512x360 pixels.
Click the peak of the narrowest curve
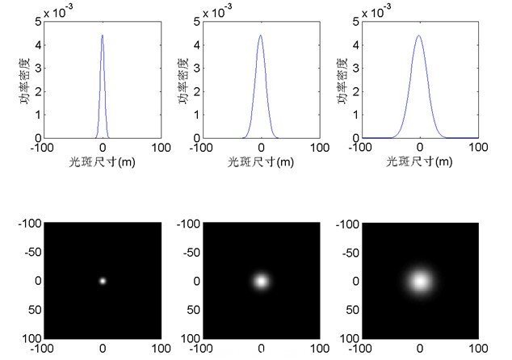102,36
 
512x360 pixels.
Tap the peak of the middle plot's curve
260,36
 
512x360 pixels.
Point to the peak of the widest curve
419,36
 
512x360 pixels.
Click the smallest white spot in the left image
103,281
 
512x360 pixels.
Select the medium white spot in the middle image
261,281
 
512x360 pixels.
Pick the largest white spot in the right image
420,281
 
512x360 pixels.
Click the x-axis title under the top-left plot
102,161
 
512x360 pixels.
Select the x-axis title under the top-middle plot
260,161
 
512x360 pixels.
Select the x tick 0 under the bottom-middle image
261,349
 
